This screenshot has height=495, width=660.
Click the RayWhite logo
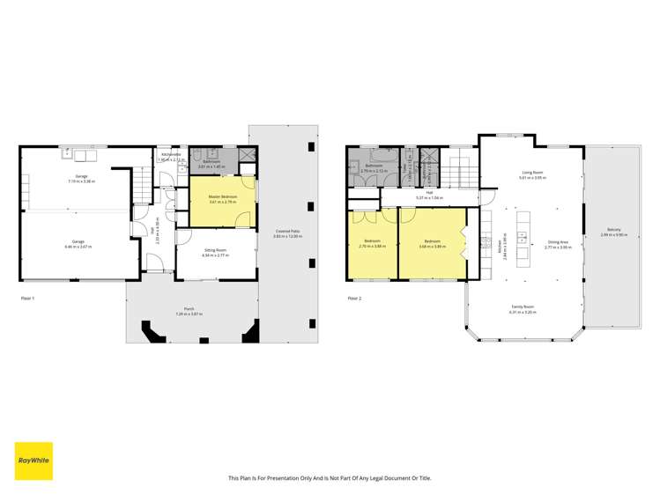click(x=33, y=461)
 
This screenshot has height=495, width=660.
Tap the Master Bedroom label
click(x=221, y=196)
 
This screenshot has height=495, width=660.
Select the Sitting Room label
click(x=216, y=251)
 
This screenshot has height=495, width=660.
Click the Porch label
click(x=189, y=309)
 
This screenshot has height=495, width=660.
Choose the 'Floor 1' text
click(x=27, y=299)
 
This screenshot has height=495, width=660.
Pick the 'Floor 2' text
click(x=354, y=299)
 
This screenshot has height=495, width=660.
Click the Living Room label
click(x=532, y=173)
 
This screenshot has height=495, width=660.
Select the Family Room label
click(x=522, y=307)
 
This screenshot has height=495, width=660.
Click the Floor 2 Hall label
click(x=429, y=192)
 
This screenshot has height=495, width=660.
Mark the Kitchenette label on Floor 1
click(x=171, y=155)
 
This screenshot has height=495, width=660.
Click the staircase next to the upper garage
click(x=141, y=185)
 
